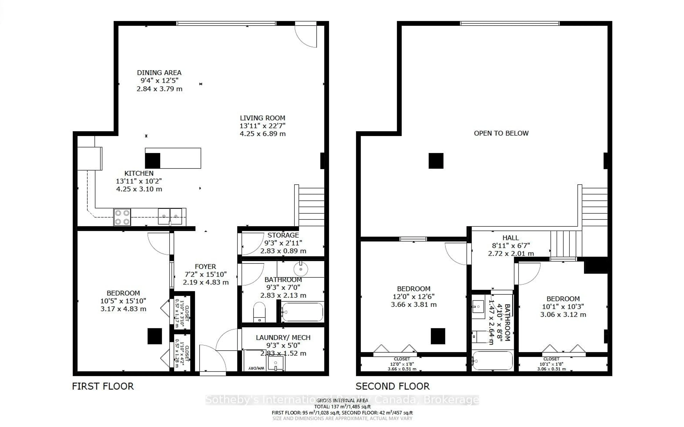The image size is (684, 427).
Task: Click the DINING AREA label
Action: (159, 73)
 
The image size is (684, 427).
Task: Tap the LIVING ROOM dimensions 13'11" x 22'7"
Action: (263, 126)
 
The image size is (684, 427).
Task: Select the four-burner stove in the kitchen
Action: (122, 217)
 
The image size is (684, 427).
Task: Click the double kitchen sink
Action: (170, 217)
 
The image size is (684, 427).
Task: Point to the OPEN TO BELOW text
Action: (501, 133)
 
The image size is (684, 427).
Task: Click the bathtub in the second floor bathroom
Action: (492, 360)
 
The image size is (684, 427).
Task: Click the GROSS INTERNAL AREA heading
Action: (342, 400)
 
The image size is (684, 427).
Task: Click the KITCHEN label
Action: (139, 173)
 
